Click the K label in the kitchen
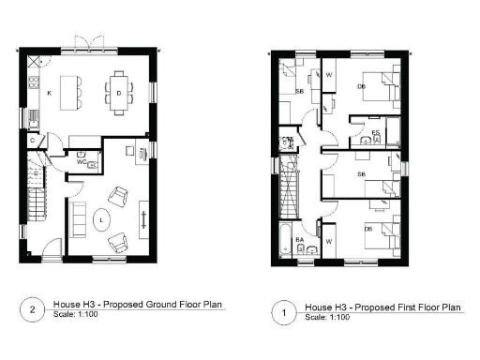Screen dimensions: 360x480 click(49, 95)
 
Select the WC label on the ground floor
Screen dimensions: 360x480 click(82, 161)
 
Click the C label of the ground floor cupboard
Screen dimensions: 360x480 click(32, 141)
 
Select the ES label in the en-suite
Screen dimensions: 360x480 click(375, 133)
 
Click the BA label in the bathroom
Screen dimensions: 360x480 click(300, 241)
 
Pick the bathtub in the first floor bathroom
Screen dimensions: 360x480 click(285, 243)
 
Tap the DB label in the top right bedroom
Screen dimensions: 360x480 click(361, 88)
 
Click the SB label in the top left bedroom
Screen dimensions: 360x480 click(299, 93)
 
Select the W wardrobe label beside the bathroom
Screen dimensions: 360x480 click(329, 240)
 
